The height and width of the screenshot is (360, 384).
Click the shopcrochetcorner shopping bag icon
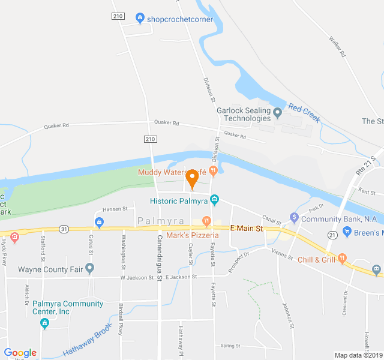pyautogui.click(x=140, y=18)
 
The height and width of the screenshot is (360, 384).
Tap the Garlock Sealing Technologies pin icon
pyautogui.click(x=277, y=112)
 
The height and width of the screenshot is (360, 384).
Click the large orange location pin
pyautogui.click(x=192, y=178)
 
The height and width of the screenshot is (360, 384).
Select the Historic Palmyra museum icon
pyautogui.click(x=215, y=199)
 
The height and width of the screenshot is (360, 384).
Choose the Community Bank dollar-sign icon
pyautogui.click(x=294, y=217)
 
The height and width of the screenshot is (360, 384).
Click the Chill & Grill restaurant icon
pyautogui.click(x=343, y=259)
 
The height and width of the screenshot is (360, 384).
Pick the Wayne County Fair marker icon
pyautogui.click(x=89, y=268)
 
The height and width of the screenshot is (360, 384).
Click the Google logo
pyautogui.click(x=20, y=353)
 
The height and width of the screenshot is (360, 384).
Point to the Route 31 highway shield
pyautogui.click(x=64, y=229)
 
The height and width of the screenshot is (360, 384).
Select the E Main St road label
pyautogui.click(x=247, y=229)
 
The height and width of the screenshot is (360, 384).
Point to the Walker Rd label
pyautogui.click(x=338, y=46)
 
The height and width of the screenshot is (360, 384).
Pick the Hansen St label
pyautogui.click(x=116, y=209)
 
